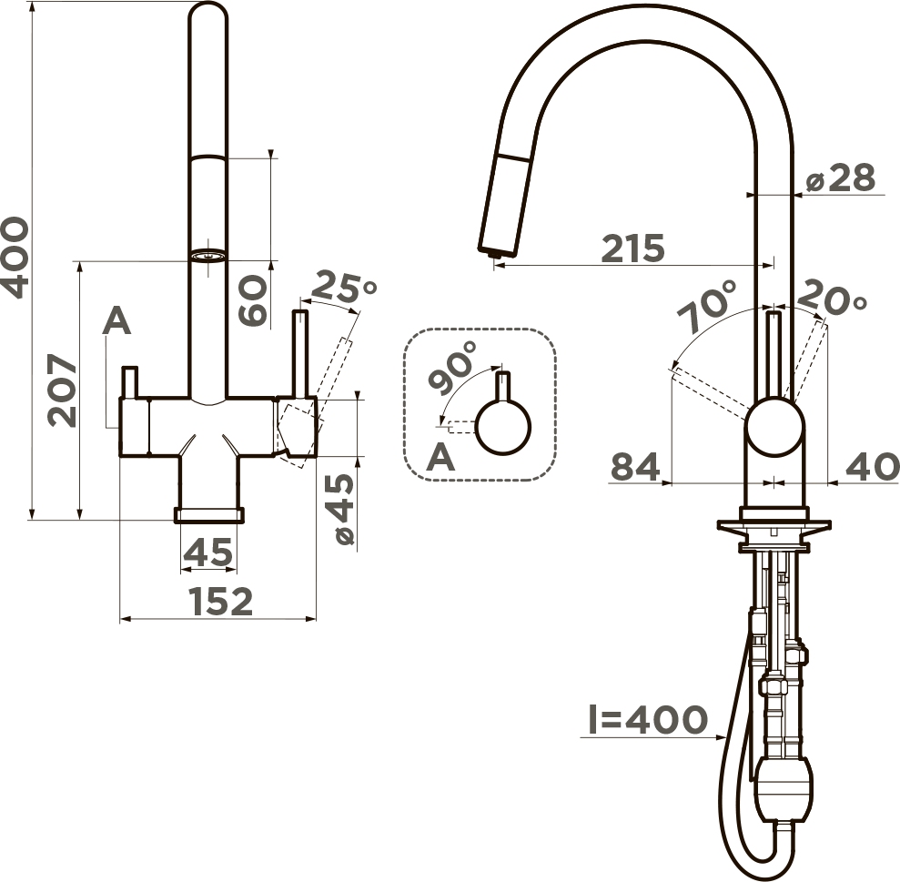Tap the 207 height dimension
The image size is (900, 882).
tap(62, 390)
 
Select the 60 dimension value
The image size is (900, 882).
tap(253, 300)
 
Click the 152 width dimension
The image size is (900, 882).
tap(221, 601)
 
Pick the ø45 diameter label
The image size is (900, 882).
tap(343, 509)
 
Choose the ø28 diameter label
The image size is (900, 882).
tap(841, 178)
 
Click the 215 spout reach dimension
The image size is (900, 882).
tap(633, 248)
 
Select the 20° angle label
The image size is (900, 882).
tap(832, 298)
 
